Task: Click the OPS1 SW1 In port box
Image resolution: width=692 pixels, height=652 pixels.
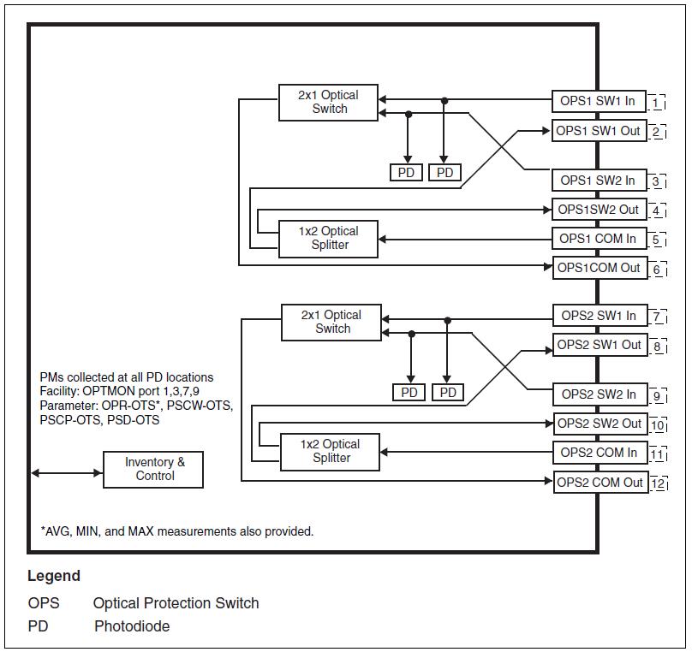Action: tap(598, 101)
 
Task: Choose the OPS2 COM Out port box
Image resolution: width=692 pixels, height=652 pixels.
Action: tap(600, 483)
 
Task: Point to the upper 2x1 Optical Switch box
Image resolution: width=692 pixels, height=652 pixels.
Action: tap(328, 102)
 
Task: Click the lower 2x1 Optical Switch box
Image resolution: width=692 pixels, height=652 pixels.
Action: tap(331, 322)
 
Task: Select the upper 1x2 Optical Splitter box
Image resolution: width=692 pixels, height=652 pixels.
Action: tap(328, 238)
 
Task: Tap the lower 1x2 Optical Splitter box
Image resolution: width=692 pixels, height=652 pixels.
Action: tap(331, 451)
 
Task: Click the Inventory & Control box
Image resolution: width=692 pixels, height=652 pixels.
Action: tap(153, 469)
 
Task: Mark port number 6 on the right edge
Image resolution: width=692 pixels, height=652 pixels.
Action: tap(658, 270)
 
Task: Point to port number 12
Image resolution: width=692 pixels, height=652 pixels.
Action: tap(658, 485)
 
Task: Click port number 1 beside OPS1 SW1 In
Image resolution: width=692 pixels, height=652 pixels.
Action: tap(657, 104)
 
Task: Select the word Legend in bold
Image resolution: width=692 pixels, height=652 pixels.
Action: tap(54, 576)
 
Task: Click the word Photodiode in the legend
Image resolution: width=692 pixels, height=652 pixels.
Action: tap(132, 626)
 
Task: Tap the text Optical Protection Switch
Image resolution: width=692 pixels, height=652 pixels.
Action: tap(176, 603)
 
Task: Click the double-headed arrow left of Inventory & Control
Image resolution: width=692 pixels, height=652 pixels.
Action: tap(67, 472)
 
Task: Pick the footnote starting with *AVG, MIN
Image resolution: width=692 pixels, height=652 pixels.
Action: tap(177, 531)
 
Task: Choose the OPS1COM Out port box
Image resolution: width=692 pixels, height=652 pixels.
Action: tap(599, 268)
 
